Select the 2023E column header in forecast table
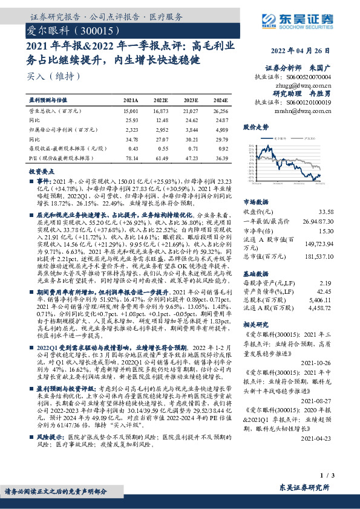pos(191,100)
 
